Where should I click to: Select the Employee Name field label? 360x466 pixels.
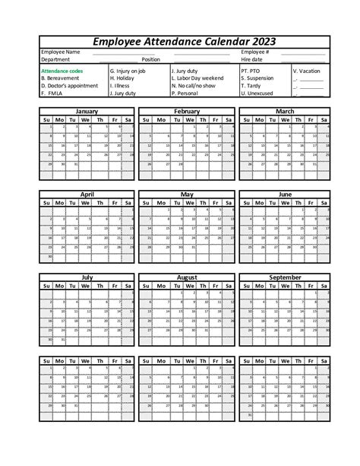[60, 52]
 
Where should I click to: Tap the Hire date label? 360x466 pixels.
[252, 59]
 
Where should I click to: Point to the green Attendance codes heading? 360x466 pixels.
[62, 71]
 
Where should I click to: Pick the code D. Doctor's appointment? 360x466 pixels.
[69, 86]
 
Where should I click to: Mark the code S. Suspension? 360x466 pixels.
[258, 78]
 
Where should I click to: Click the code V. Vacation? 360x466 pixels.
[306, 71]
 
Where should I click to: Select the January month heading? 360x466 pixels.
[87, 111]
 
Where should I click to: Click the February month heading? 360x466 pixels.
[187, 111]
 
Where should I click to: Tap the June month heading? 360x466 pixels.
[285, 194]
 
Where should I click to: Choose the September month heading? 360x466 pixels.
[285, 277]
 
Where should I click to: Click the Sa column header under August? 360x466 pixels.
[228, 287]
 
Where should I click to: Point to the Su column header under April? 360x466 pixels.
[47, 203]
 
